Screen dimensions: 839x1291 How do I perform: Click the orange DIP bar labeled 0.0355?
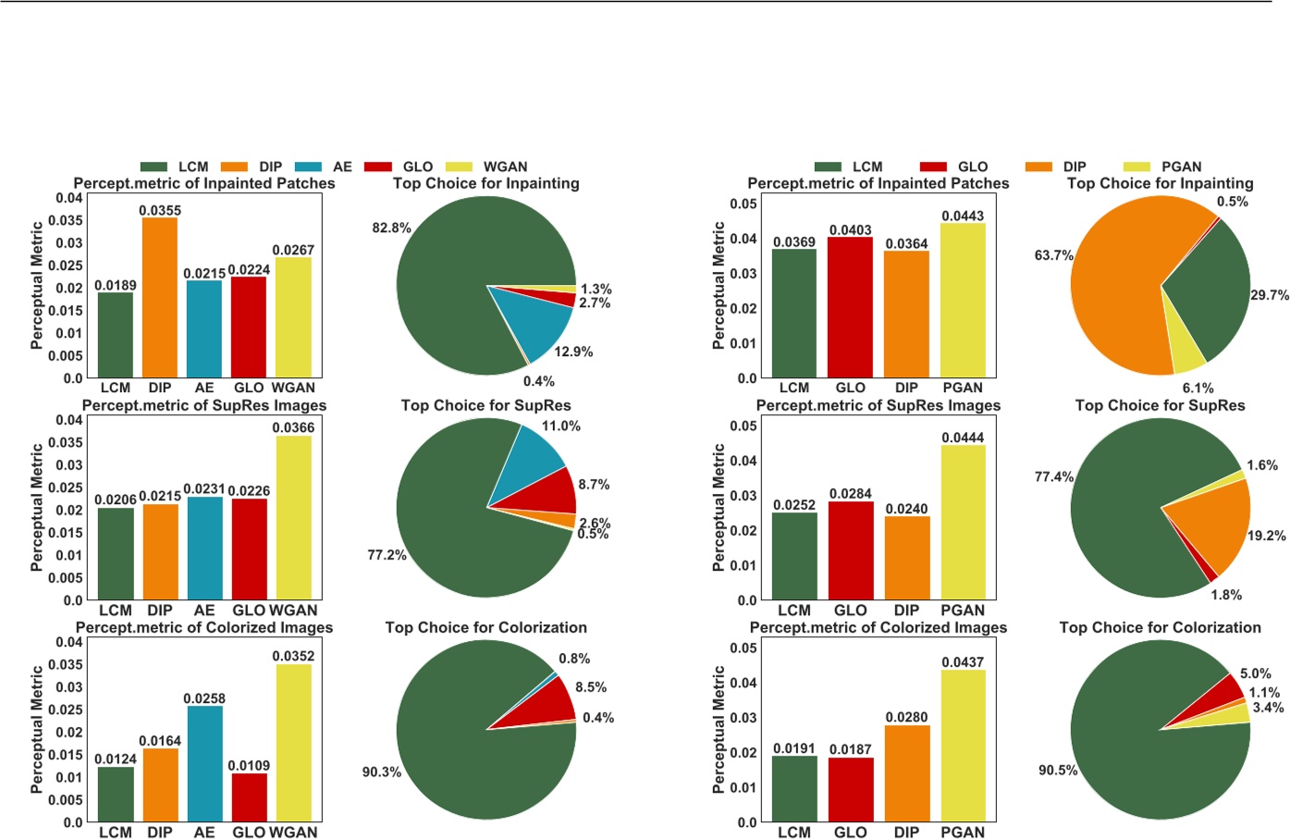[x=159, y=297]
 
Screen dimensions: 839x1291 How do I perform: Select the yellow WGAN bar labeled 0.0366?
[x=293, y=517]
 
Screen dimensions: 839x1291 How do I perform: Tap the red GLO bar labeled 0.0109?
[x=249, y=796]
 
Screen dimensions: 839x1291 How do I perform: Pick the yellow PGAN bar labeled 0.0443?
[x=963, y=301]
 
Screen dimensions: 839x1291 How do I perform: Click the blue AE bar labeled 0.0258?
[x=204, y=763]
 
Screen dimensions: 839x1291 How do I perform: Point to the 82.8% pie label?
[x=391, y=228]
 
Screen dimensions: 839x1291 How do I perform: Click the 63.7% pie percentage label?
[x=1053, y=255]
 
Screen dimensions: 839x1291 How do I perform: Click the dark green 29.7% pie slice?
[x=1211, y=291]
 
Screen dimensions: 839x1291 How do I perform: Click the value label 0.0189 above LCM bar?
[x=116, y=285]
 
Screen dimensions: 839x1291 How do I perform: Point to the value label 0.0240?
[x=906, y=509]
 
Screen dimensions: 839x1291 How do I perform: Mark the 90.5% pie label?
[x=1058, y=770]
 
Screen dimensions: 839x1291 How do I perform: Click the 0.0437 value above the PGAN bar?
[x=963, y=662]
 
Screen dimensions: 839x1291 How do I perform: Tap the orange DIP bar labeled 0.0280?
[x=906, y=773]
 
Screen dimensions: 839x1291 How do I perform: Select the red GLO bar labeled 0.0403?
[x=850, y=307]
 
